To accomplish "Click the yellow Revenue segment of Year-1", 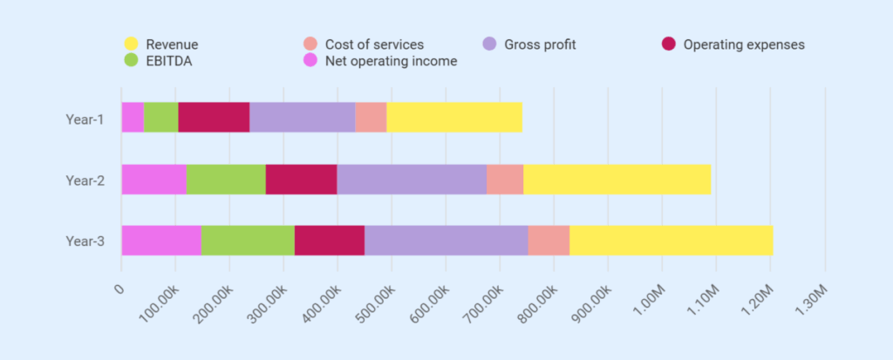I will coord(453,117).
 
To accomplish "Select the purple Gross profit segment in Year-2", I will coord(411,179).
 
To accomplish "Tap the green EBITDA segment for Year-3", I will coord(248,241).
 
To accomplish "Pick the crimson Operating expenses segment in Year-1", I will coord(214,117).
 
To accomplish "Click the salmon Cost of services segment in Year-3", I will coord(549,241).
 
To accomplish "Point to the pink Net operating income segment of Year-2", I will coord(153,179).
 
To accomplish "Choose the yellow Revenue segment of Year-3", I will coord(671,241).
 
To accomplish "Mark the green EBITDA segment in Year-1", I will coord(160,117).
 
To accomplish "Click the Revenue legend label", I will coord(172,44).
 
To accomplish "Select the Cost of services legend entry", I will coord(374,44).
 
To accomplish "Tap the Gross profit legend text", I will coord(541,44).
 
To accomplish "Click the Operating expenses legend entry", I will coord(743,44).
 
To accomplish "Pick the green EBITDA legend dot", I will coord(131,60).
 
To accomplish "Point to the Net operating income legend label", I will coord(391,60).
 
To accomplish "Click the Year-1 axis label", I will coord(85,118).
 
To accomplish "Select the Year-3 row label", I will coord(85,241).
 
